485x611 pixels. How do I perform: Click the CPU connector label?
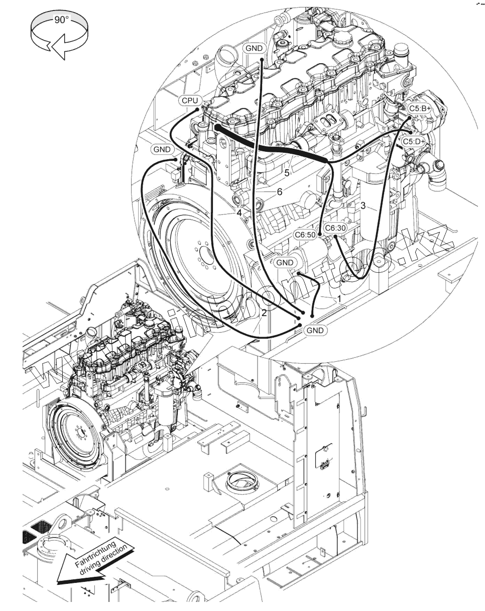[190, 100]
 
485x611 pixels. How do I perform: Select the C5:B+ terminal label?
[419, 108]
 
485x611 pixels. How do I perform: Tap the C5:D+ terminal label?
[414, 142]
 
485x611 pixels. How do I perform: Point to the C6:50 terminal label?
[305, 235]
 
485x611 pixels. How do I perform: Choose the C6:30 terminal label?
[335, 228]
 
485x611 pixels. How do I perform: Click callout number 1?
[339, 298]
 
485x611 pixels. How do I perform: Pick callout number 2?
[264, 313]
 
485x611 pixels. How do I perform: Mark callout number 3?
[362, 206]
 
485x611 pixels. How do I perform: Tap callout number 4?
[239, 213]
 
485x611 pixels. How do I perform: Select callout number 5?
[287, 173]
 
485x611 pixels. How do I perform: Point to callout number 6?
[280, 191]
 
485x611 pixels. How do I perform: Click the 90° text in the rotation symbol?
[61, 20]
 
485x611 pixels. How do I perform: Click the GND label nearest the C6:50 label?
[285, 263]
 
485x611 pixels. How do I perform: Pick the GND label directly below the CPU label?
[162, 149]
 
